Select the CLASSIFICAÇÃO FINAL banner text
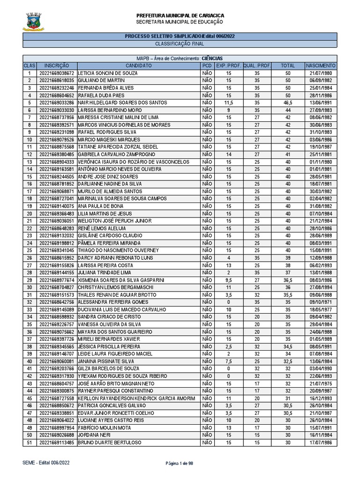(180, 44)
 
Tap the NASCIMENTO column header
(321, 66)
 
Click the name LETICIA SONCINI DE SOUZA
(107, 74)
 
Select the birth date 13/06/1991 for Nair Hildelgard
(321, 102)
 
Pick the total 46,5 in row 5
(288, 102)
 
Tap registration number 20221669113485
(57, 442)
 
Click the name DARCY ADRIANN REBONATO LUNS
(113, 258)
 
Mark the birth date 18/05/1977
(321, 310)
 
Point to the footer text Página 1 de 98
(180, 463)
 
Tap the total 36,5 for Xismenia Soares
(288, 280)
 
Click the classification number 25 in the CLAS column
(29, 251)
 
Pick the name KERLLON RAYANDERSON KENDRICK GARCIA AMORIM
(135, 398)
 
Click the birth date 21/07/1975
(321, 384)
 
